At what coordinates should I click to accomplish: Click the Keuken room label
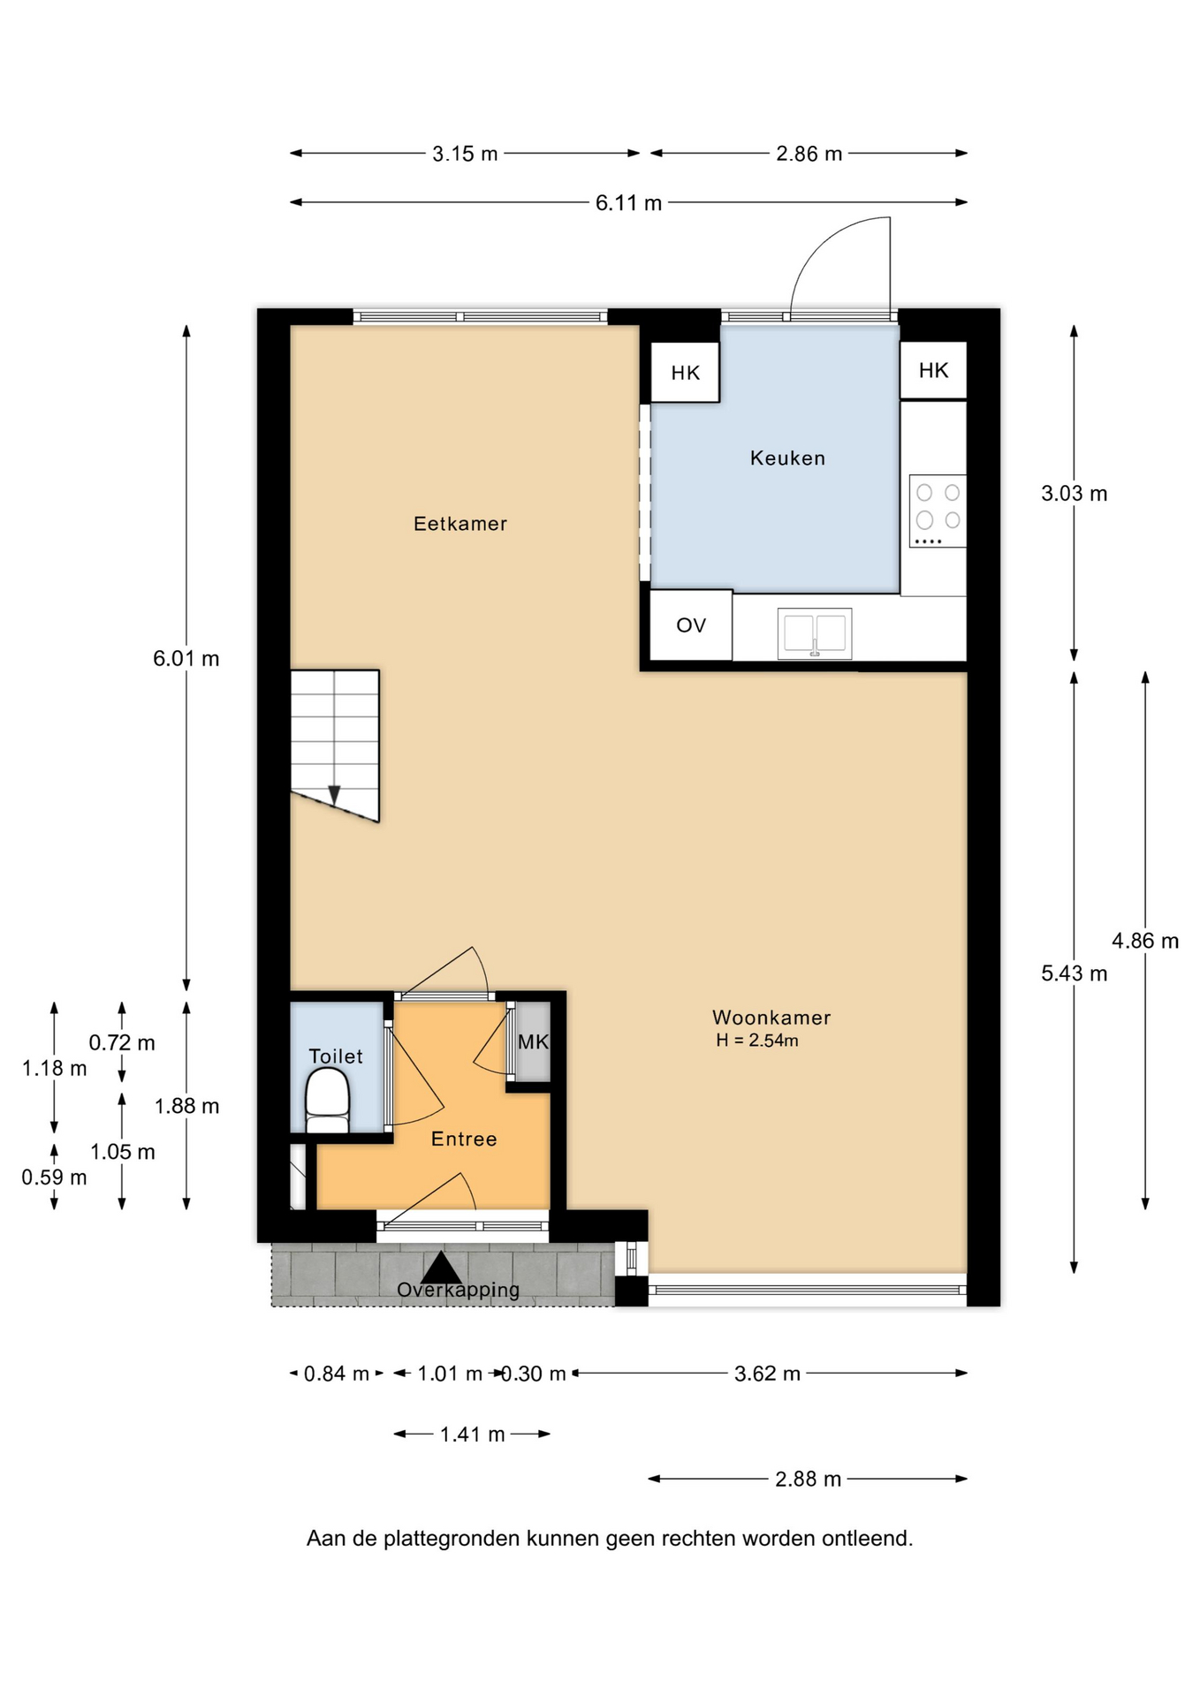787,458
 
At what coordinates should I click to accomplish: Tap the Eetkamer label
460,523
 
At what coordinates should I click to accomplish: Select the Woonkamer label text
771,1017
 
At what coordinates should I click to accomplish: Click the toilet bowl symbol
327,1100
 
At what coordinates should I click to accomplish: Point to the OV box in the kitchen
691,625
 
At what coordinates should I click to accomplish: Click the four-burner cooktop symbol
938,511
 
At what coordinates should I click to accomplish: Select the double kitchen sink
815,633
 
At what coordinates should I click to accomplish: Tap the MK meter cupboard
533,1041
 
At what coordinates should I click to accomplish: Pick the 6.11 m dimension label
628,202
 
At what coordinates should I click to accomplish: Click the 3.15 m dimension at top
465,154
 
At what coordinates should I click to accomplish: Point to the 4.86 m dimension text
1145,941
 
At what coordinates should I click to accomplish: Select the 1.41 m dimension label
473,1434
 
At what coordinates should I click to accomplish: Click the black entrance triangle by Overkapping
441,1268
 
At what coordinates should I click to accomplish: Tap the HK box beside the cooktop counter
933,370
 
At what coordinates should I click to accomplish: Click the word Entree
464,1139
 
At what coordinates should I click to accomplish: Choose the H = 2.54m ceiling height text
757,1041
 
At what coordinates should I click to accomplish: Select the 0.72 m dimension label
122,1042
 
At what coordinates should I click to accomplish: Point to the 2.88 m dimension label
809,1479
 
